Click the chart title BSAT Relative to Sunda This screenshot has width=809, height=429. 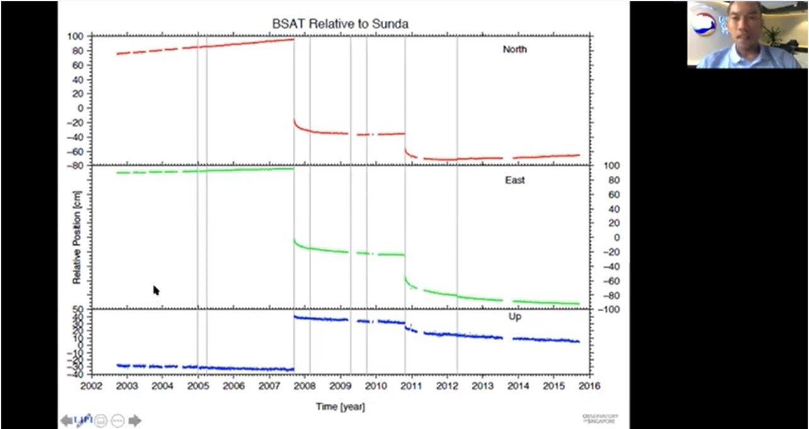pos(340,24)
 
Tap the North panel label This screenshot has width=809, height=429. pos(515,49)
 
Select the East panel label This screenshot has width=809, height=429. pos(515,180)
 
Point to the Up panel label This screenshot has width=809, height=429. pos(515,317)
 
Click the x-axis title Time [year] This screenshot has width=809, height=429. pos(340,406)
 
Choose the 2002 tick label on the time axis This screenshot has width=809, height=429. pos(91,386)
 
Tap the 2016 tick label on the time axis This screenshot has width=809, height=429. pos(589,386)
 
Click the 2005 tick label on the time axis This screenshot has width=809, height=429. pos(198,386)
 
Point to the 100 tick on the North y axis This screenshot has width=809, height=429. pos(76,36)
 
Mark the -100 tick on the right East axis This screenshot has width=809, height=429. pos(611,310)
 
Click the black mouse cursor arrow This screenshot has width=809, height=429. pos(156,290)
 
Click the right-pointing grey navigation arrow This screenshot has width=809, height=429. pos(135,420)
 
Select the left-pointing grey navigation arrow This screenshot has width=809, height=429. pos(66,420)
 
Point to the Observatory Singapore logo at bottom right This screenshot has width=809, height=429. pos(600,418)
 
